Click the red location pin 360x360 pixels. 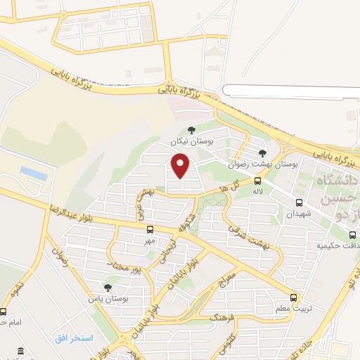coord(181,167)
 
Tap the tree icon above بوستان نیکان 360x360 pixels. coord(191,129)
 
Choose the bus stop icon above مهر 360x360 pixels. coord(150,229)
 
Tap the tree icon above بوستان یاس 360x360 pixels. coord(108,288)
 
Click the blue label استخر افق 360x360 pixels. coord(74,338)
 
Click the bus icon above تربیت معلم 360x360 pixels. coord(294,297)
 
